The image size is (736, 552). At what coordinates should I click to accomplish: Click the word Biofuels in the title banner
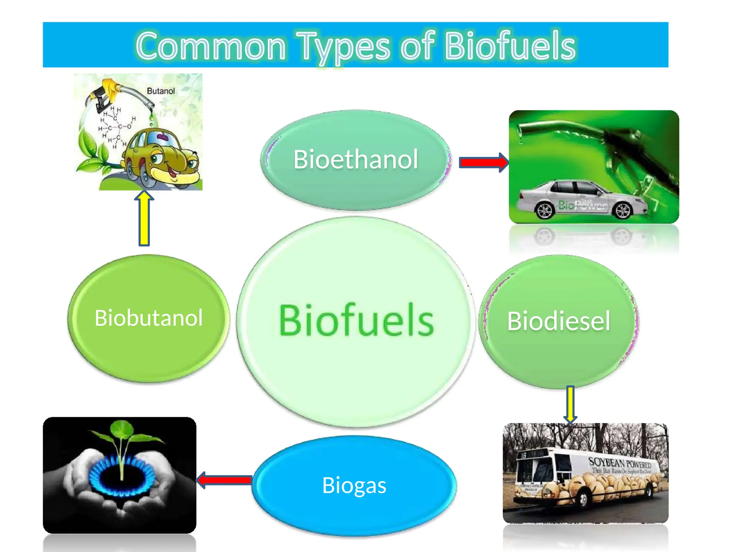click(510, 46)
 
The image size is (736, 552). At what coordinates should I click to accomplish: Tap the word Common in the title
click(211, 46)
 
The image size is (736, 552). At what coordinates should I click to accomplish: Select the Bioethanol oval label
click(355, 159)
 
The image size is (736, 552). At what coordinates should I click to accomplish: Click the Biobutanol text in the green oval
click(148, 318)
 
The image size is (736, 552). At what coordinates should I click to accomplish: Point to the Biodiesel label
click(558, 321)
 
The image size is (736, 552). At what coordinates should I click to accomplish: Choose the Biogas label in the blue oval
click(354, 485)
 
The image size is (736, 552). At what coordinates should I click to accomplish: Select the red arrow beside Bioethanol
click(483, 162)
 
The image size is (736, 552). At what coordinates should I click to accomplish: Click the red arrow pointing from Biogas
click(225, 480)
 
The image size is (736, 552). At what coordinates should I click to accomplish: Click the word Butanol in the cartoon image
click(161, 91)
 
